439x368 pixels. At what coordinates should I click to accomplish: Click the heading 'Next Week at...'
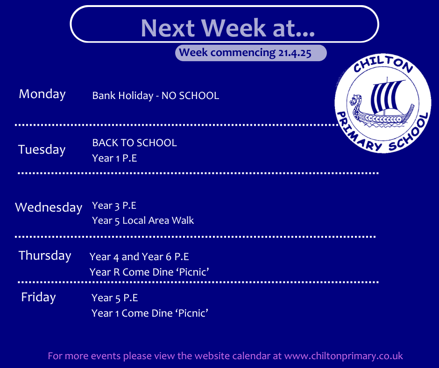227,28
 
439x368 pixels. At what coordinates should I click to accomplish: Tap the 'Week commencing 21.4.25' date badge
251,53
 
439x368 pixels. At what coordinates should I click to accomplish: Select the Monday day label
42,94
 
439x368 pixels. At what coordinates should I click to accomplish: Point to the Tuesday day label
42,150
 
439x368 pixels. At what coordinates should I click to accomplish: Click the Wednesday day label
49,208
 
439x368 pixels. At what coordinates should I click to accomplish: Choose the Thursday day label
45,256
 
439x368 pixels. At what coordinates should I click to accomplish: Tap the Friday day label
38,297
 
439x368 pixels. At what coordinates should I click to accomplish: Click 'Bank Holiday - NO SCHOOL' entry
156,96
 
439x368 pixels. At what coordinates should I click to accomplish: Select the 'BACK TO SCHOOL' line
135,143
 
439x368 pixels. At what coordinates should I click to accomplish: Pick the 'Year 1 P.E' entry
114,158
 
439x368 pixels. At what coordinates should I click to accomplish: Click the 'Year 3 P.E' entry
114,206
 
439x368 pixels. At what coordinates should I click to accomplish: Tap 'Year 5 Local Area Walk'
143,221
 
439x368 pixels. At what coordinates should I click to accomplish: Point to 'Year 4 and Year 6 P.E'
139,257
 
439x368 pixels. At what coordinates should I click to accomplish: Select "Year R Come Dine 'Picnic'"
149,272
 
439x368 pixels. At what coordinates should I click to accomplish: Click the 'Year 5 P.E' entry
115,298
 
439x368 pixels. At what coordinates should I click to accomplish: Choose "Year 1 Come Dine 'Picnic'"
150,313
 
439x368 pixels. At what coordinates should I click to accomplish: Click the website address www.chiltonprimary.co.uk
344,356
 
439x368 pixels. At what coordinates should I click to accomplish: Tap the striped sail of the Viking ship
386,95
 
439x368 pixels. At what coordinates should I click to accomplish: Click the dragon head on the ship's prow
355,101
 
